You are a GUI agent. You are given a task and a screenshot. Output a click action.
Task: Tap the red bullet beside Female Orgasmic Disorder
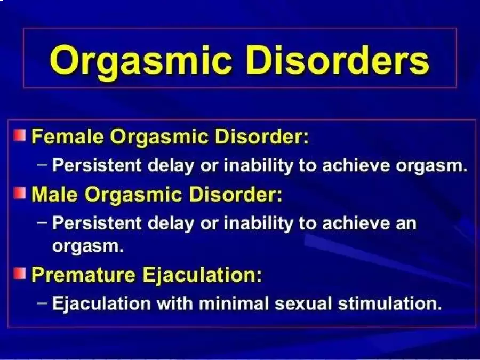tap(20, 135)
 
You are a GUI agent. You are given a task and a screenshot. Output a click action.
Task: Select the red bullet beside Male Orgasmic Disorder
tap(20, 193)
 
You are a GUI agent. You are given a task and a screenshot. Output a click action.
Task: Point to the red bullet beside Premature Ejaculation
tap(20, 274)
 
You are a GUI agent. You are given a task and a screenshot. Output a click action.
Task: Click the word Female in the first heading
tap(68, 136)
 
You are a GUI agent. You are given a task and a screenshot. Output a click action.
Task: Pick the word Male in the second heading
tap(54, 194)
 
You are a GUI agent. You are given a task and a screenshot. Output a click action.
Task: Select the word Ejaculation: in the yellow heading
tap(202, 275)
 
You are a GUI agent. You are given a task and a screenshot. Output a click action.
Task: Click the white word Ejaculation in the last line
tap(102, 303)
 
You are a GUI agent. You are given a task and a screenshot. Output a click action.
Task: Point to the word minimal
tap(234, 303)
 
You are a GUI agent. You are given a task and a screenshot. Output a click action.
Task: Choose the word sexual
tap(303, 303)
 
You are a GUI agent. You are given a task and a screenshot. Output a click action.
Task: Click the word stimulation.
tap(390, 303)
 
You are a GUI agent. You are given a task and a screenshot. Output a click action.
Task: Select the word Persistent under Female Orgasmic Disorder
tap(97, 165)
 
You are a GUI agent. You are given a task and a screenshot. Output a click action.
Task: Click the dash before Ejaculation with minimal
tap(42, 303)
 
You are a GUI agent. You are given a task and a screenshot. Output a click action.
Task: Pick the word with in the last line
tap(175, 303)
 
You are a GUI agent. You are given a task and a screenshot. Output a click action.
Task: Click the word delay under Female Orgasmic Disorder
tap(171, 166)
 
